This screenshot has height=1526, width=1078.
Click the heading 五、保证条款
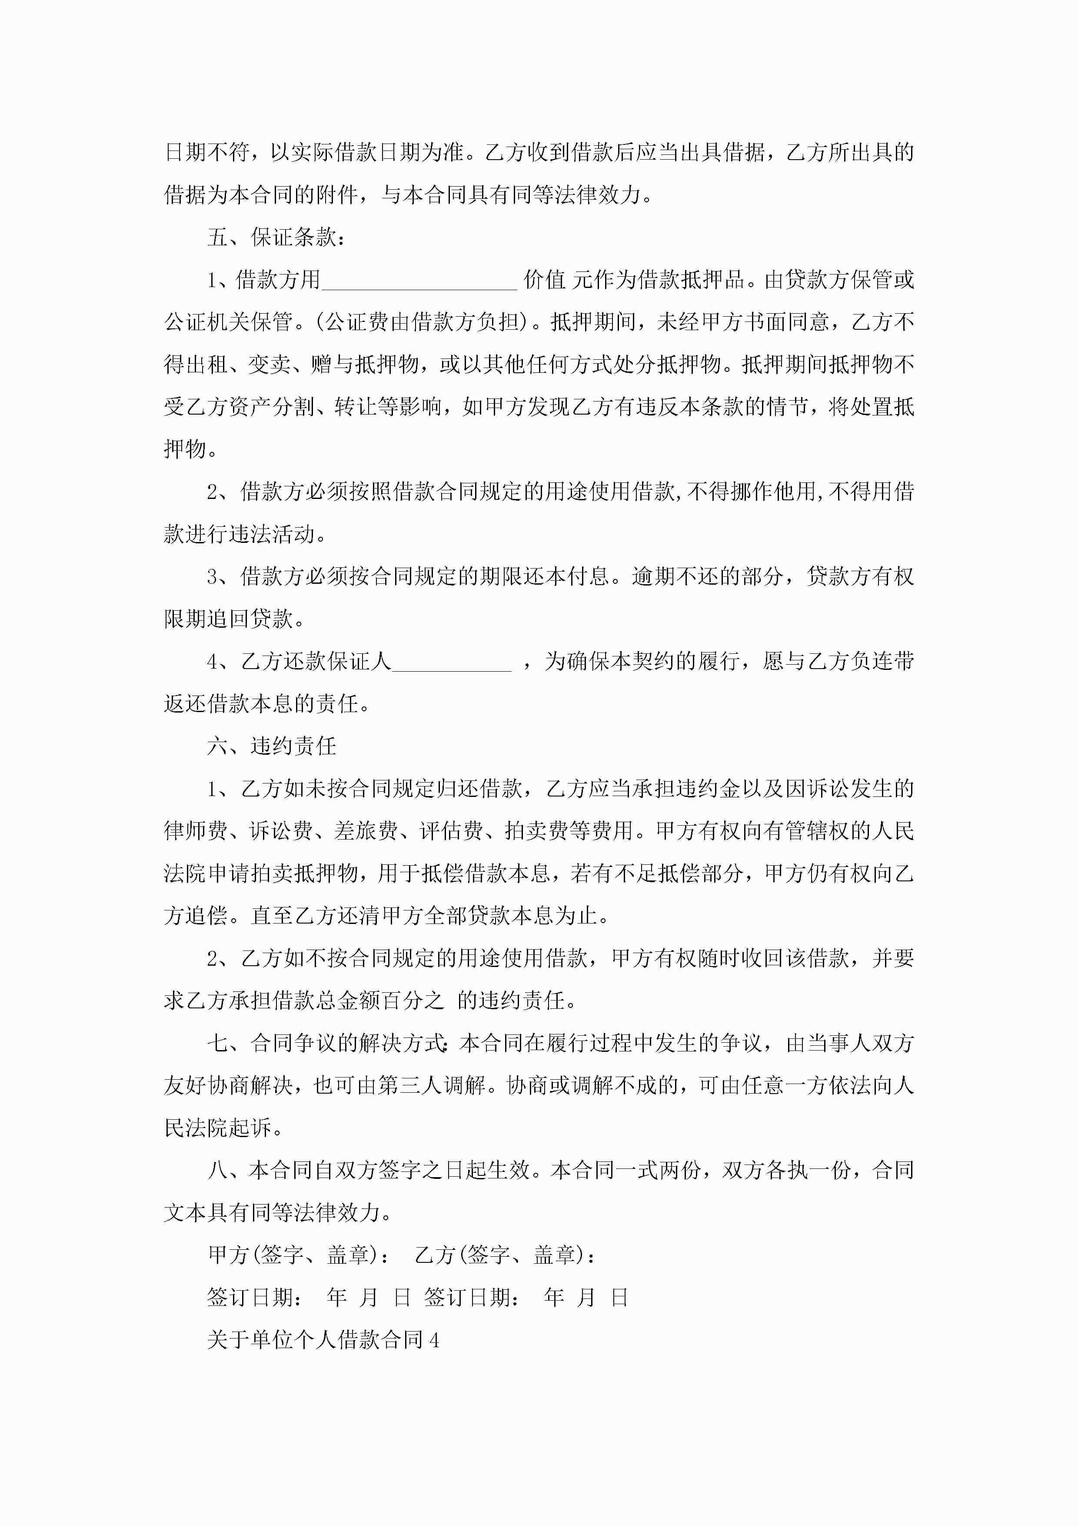click(x=276, y=237)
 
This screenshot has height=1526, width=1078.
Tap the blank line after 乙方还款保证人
click(x=452, y=663)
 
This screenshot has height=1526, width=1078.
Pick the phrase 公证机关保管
click(x=229, y=322)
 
